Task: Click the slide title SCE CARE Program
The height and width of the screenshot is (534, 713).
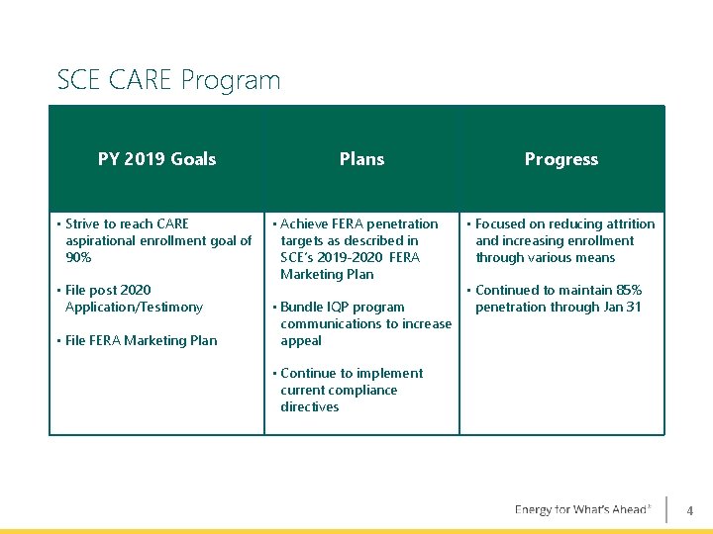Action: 168,80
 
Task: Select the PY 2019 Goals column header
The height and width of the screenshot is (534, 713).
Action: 156,159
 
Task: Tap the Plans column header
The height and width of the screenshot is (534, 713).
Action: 361,159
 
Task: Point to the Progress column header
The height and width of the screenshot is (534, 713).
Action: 561,159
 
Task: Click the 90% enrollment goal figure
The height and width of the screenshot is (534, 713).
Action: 78,258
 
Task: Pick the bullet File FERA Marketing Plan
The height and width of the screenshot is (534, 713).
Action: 141,341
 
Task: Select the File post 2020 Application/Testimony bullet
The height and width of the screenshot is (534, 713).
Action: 134,299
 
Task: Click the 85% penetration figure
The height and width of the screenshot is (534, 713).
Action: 627,291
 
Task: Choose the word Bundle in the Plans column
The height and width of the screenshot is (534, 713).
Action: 301,308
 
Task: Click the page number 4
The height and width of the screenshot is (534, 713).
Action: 690,511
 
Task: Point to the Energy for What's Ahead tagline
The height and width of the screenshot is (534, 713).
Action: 582,510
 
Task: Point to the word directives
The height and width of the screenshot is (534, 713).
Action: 309,407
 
